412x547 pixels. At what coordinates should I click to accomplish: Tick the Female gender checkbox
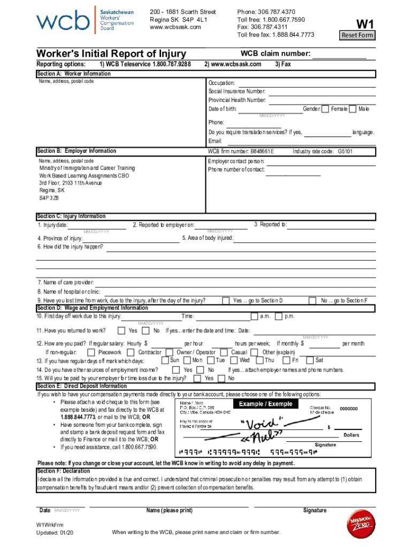click(x=326, y=109)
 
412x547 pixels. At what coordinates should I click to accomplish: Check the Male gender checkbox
click(x=353, y=109)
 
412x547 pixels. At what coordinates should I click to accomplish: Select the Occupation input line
click(x=305, y=83)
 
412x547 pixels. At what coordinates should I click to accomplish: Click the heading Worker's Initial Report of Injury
click(x=111, y=53)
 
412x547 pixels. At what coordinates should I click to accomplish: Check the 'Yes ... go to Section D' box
click(x=227, y=301)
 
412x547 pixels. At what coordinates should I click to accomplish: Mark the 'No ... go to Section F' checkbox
click(x=315, y=301)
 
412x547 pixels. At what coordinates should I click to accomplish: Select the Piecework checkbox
click(x=91, y=353)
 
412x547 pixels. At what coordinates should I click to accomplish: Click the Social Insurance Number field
click(x=321, y=91)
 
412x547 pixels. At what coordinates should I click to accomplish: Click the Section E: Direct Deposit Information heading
click(x=82, y=386)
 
